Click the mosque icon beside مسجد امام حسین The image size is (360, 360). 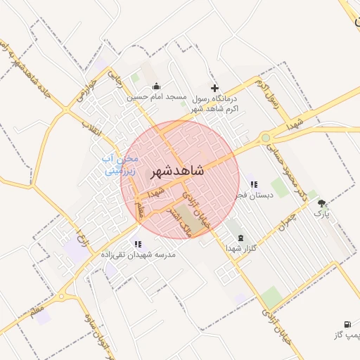click(x=157, y=86)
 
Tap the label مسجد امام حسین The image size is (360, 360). click(x=146, y=98)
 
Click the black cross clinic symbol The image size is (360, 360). click(x=216, y=88)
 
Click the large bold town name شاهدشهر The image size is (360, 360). click(x=176, y=171)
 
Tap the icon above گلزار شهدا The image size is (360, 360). click(x=241, y=238)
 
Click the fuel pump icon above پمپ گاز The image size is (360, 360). click(x=347, y=325)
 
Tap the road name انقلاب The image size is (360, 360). click(x=91, y=128)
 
